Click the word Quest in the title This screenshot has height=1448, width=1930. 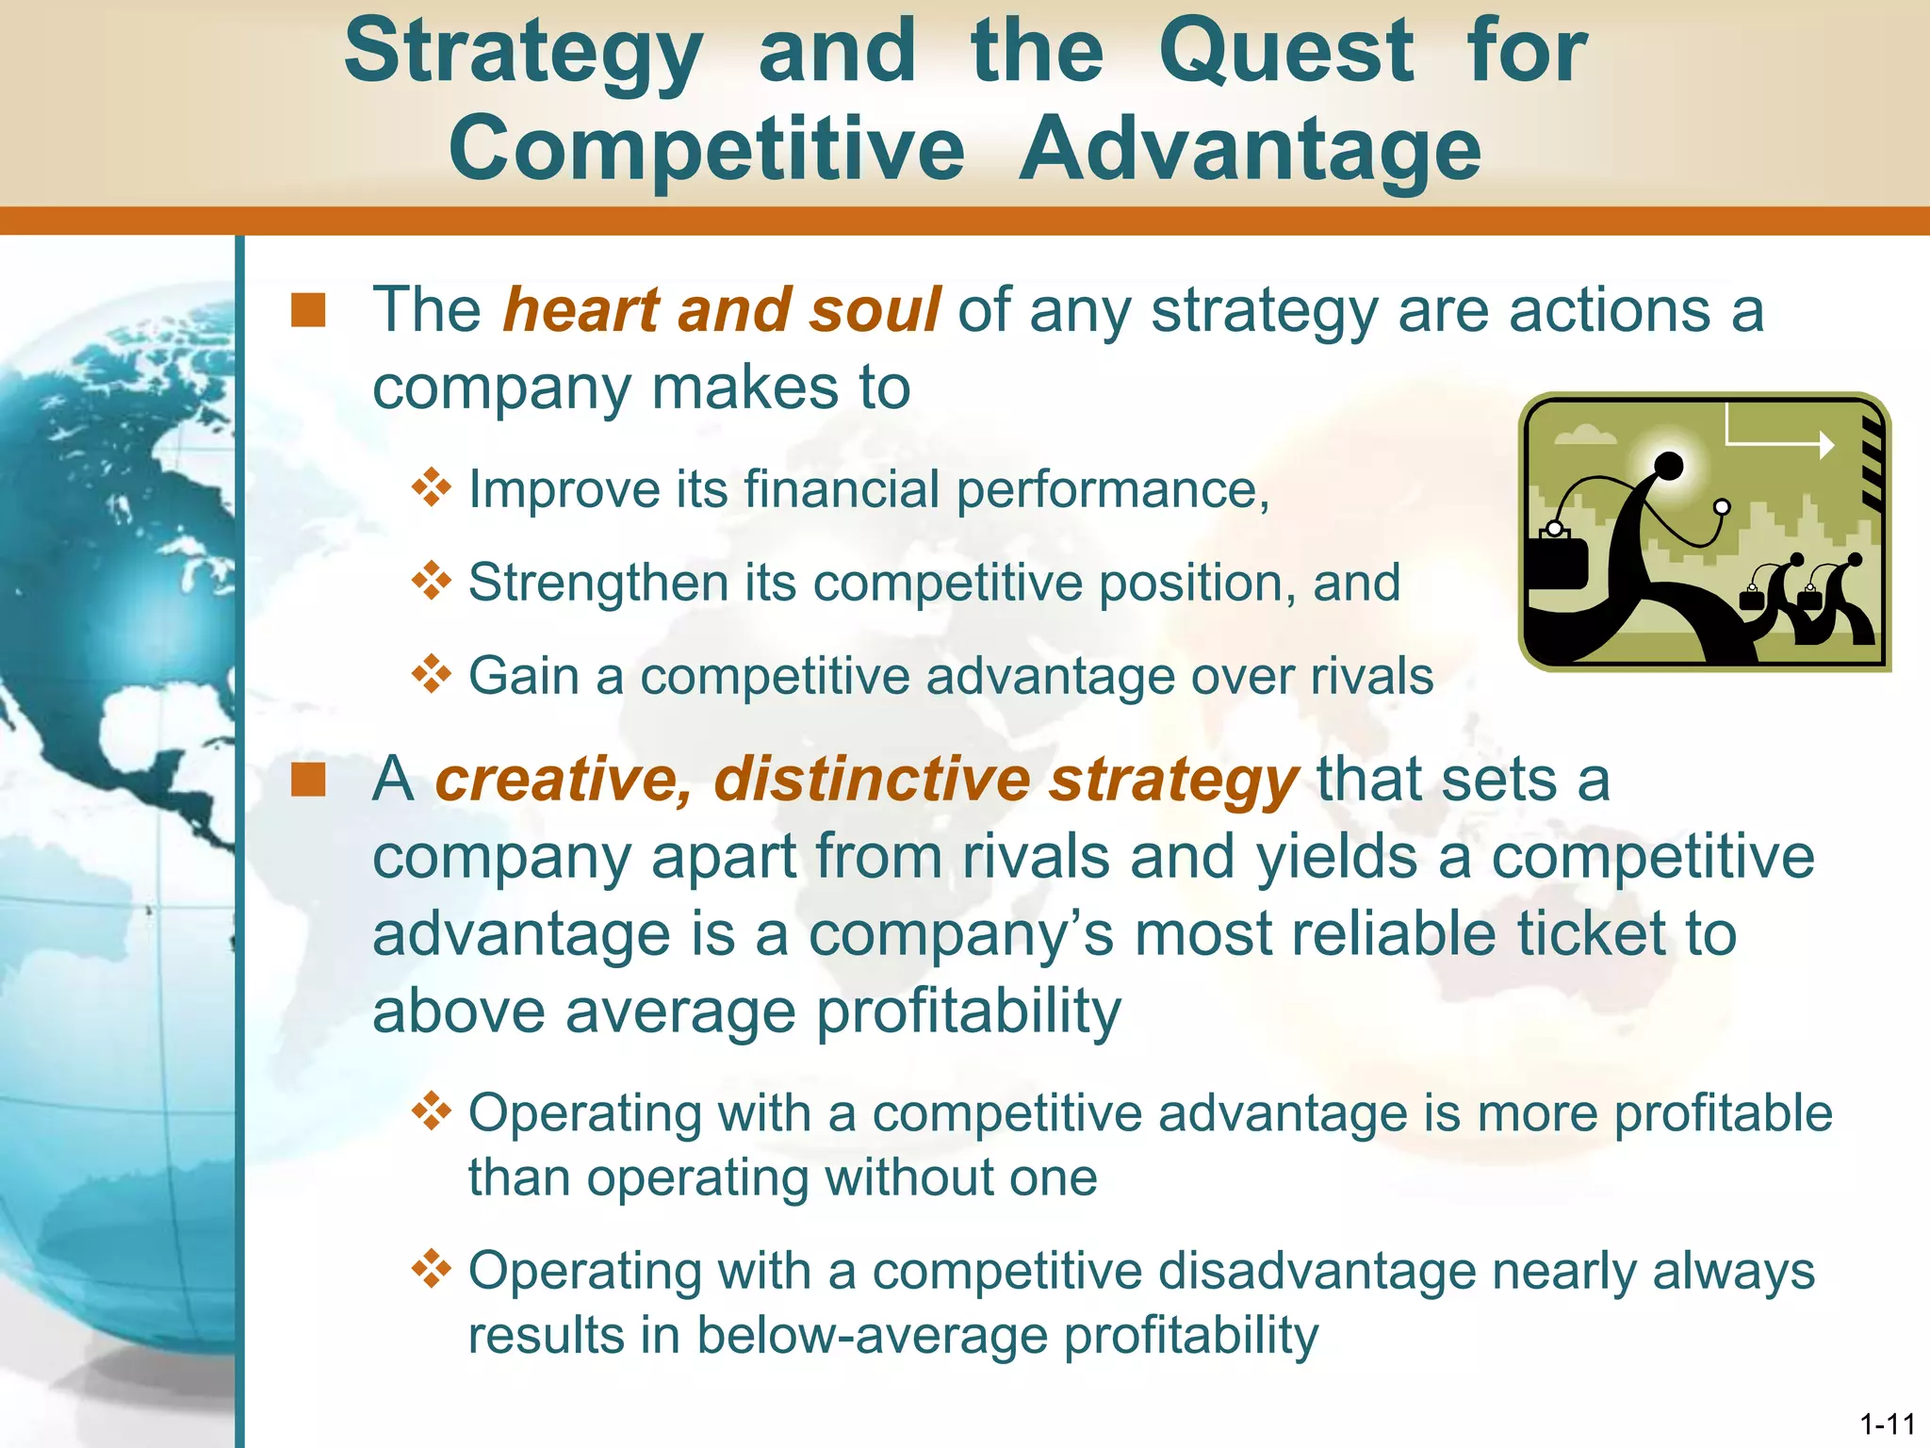[x=1286, y=52]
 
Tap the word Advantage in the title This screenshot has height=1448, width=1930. [x=1251, y=149]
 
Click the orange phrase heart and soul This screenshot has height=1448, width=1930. [x=722, y=310]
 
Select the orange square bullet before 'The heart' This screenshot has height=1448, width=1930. [x=308, y=310]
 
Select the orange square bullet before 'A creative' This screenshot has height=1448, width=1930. [x=308, y=781]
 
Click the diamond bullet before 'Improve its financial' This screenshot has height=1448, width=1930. [x=432, y=487]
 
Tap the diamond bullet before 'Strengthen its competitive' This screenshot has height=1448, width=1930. [x=432, y=581]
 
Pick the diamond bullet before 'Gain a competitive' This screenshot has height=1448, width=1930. [x=432, y=674]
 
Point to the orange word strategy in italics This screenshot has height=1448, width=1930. [x=1174, y=781]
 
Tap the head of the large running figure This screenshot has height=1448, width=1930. [x=1669, y=465]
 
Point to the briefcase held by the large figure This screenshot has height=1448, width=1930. [x=1557, y=564]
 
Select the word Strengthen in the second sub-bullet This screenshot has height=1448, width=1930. [x=597, y=583]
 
